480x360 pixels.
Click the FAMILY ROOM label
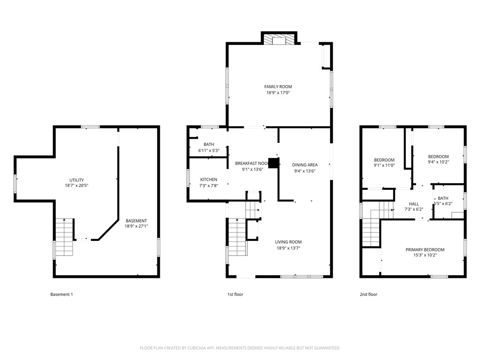278,87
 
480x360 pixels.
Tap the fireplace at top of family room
279,40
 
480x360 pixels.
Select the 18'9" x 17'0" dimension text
278,93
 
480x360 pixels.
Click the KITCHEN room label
209,180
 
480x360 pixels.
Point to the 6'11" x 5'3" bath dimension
209,150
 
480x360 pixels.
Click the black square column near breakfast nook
274,163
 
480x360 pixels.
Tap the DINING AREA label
305,165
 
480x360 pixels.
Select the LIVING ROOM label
288,242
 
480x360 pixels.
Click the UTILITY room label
76,180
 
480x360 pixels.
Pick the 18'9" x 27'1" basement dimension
136,226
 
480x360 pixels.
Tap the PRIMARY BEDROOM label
425,250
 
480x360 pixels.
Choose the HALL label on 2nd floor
414,204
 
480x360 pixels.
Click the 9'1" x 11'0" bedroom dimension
384,165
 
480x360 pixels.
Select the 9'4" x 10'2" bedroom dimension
438,163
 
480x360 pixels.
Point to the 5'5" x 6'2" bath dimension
443,204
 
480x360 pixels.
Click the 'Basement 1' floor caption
61,294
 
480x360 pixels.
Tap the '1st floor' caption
235,294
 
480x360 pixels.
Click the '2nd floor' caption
368,294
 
